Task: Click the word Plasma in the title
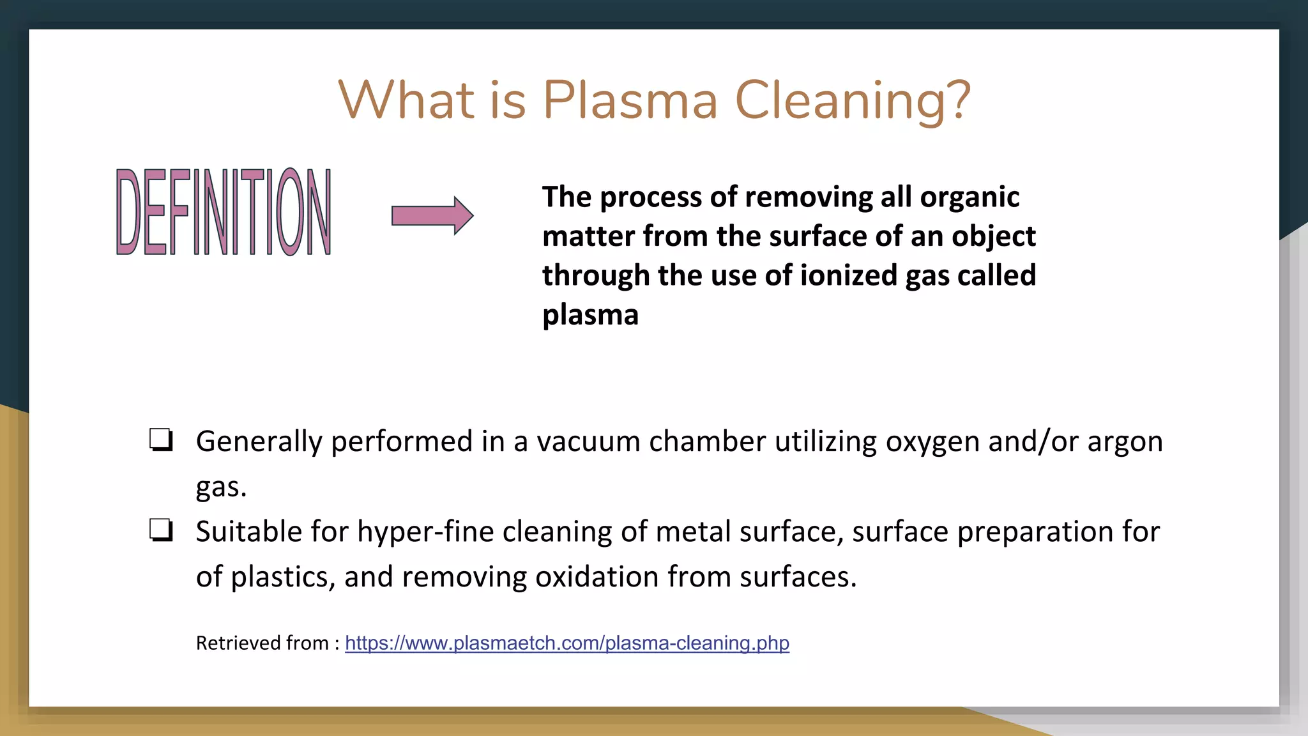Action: point(630,100)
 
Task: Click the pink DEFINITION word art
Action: point(224,212)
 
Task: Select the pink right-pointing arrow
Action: point(432,216)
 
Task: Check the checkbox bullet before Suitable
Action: point(160,530)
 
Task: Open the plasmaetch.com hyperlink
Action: point(567,643)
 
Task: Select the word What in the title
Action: point(406,100)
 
